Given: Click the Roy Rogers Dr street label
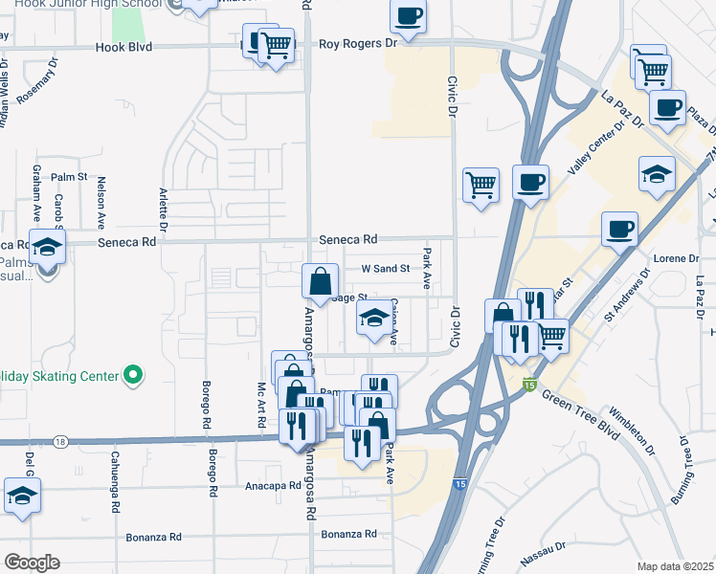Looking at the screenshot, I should click(x=357, y=43).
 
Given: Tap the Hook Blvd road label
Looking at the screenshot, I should click(x=123, y=47).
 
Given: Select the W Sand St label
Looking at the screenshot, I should click(x=385, y=269).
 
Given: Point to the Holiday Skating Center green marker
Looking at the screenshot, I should click(x=134, y=376).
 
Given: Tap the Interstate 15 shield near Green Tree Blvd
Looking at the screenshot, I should click(x=529, y=385).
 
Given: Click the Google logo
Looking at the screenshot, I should click(x=32, y=562).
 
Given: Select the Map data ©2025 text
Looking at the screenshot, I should click(x=675, y=566).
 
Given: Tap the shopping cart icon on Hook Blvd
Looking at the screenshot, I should click(x=277, y=44).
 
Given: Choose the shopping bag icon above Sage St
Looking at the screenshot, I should click(x=321, y=281).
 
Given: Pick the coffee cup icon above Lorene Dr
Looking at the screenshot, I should click(x=619, y=230).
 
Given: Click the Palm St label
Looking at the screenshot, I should click(x=69, y=178).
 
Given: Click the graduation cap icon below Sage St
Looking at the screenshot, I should click(x=374, y=320).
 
